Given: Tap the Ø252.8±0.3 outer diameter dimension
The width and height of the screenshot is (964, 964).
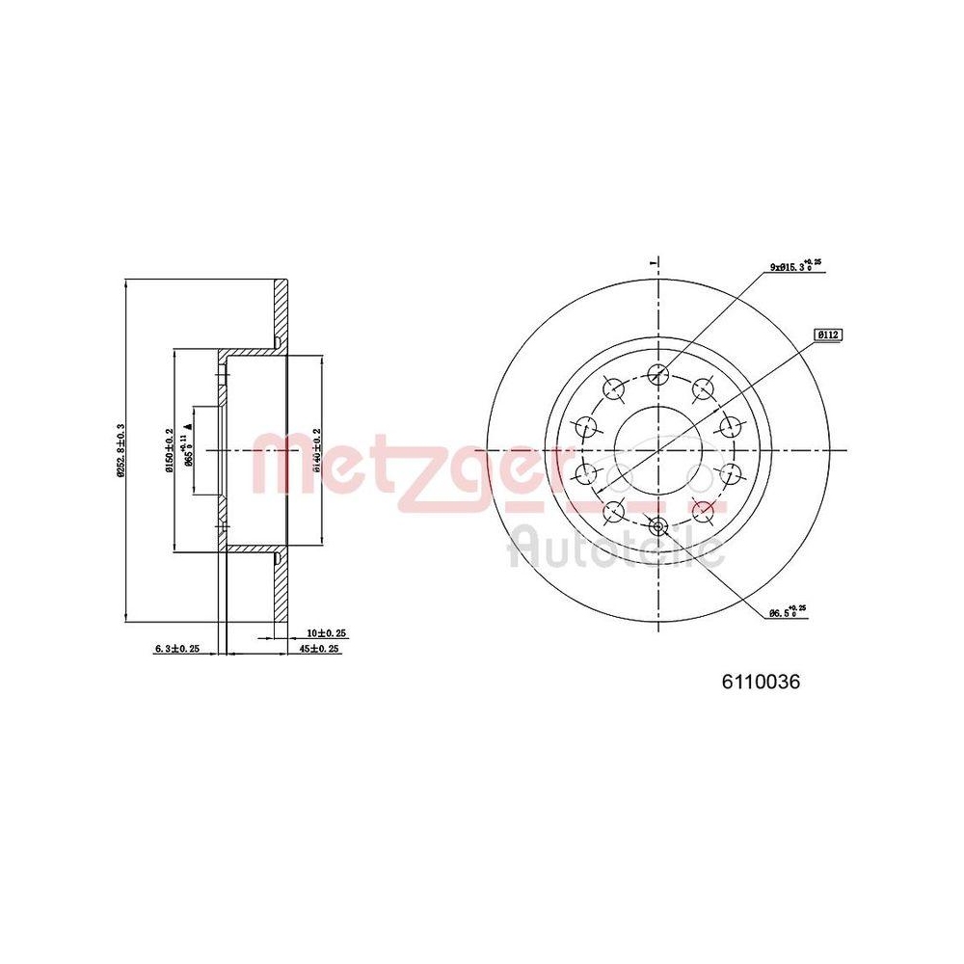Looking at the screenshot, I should (120, 450).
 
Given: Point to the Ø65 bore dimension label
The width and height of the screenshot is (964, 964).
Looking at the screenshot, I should (189, 449).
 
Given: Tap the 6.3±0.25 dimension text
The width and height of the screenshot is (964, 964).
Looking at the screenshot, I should (176, 649).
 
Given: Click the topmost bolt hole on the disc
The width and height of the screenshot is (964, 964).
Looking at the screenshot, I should (658, 374).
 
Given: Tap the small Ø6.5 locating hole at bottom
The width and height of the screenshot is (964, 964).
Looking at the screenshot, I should (658, 526).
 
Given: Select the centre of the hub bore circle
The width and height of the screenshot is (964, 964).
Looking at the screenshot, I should (658, 450).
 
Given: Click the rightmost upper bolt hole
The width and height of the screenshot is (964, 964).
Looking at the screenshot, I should (730, 425).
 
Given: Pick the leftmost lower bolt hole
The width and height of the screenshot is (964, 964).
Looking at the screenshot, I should (586, 473).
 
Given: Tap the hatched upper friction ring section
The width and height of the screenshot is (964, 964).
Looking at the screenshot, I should (281, 308).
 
